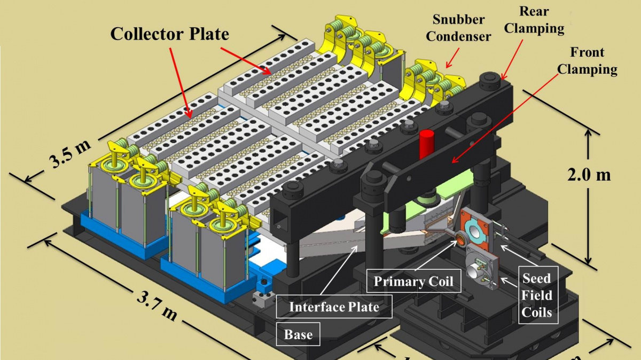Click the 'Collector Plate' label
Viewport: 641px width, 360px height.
tap(169, 34)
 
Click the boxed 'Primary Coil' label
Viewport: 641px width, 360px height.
tap(413, 281)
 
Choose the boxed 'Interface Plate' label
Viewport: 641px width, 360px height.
tap(334, 307)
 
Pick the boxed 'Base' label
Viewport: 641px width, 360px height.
tap(298, 334)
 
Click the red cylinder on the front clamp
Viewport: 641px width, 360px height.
tap(426, 143)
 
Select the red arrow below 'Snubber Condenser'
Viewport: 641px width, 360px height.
tap(450, 57)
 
